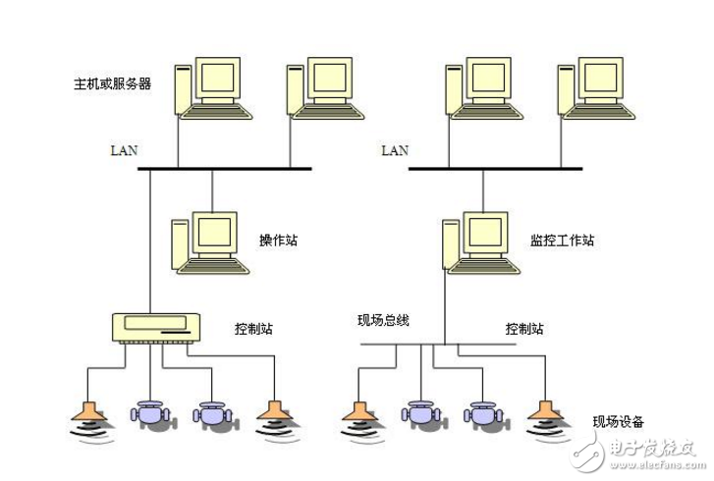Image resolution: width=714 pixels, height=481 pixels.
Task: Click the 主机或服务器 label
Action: click(x=113, y=83)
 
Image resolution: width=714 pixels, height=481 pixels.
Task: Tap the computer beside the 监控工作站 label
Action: click(x=479, y=241)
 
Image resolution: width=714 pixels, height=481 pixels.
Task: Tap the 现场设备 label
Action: click(x=618, y=422)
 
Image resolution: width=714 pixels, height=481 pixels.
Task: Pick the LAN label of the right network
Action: click(x=394, y=150)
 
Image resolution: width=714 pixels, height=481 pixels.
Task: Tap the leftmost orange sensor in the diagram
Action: click(x=88, y=412)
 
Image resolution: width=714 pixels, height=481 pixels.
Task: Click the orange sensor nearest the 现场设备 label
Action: click(x=544, y=412)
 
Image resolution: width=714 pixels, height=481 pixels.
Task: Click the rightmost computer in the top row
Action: click(x=595, y=87)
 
